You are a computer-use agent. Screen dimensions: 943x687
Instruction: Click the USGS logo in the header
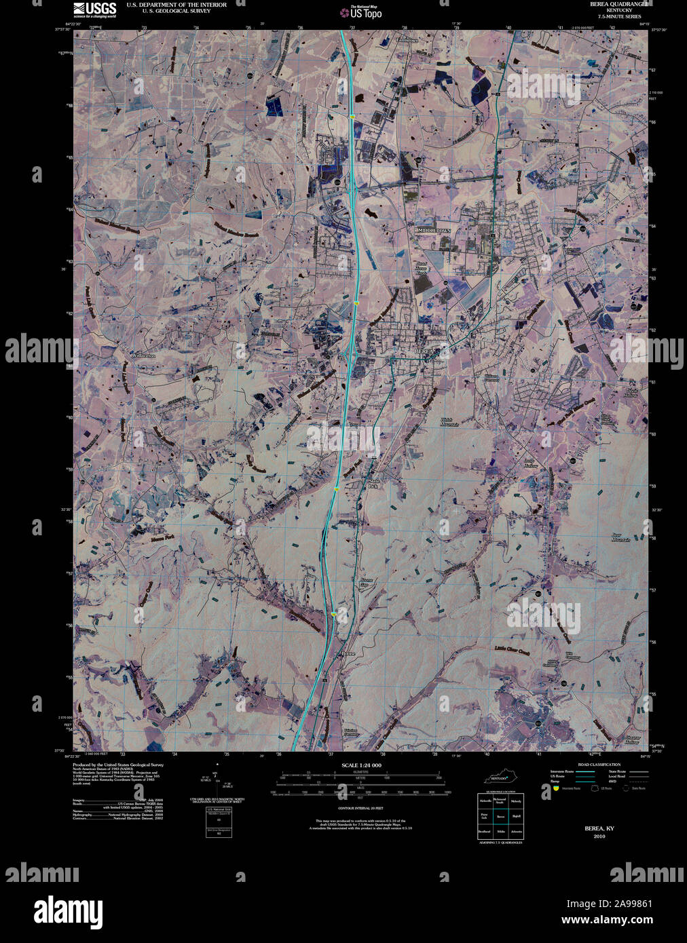click(94, 8)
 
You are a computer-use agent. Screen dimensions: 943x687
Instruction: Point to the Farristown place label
click(407, 40)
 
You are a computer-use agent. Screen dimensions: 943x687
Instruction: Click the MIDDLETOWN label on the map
click(434, 231)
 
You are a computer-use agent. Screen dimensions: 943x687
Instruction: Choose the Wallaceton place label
click(144, 355)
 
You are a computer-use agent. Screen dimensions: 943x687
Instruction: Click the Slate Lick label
click(372, 484)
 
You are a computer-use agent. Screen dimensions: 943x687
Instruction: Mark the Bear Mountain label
click(620, 537)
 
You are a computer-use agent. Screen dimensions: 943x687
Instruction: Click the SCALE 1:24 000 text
click(360, 765)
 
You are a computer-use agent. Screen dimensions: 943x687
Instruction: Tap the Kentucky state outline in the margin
click(501, 777)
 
